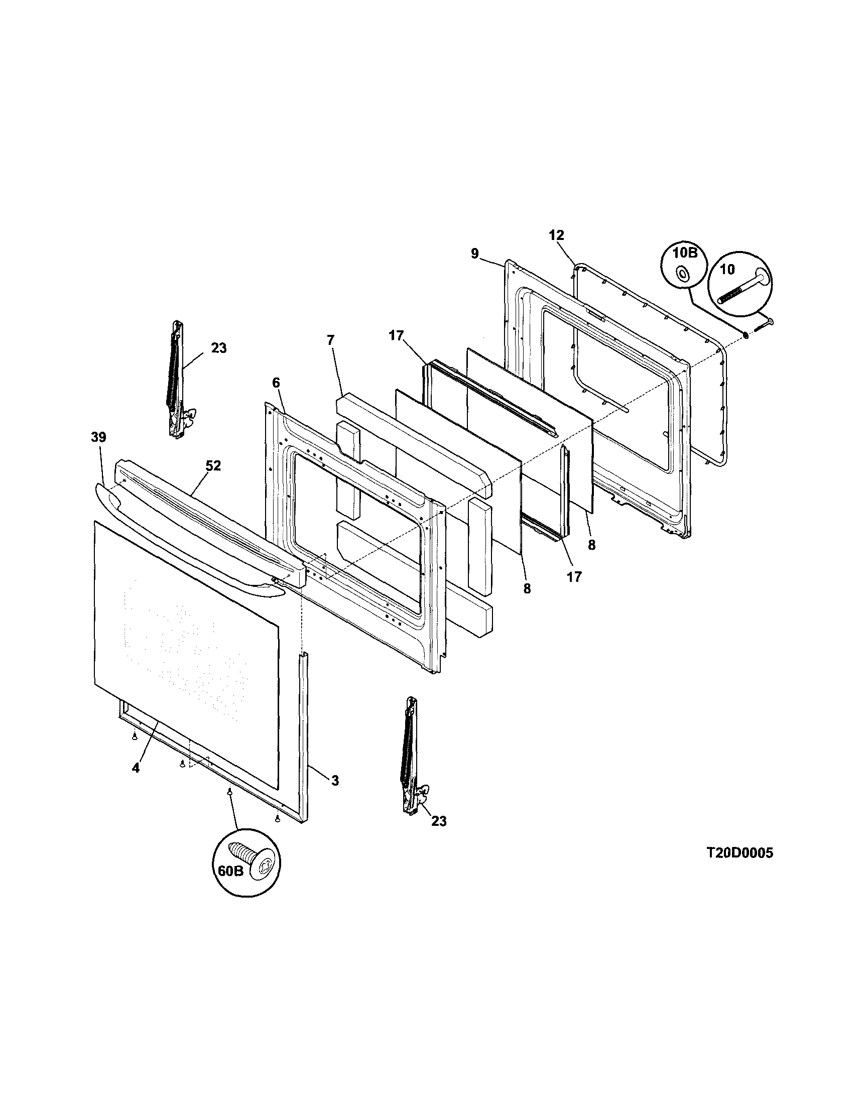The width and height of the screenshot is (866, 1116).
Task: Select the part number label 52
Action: point(213,466)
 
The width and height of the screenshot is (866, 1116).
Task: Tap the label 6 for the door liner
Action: point(276,383)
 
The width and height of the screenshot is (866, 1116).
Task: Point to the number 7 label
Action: point(330,339)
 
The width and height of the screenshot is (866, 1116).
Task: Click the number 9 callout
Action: point(475,254)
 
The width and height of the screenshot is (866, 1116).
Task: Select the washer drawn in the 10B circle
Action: point(682,275)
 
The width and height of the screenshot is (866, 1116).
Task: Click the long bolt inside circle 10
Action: point(740,288)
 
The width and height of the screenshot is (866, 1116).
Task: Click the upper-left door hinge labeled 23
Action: point(177,381)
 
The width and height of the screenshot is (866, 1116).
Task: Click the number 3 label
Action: point(335,780)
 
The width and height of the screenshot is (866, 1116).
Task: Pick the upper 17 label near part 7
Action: point(396,336)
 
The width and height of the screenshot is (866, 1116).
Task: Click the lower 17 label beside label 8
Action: point(574,577)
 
